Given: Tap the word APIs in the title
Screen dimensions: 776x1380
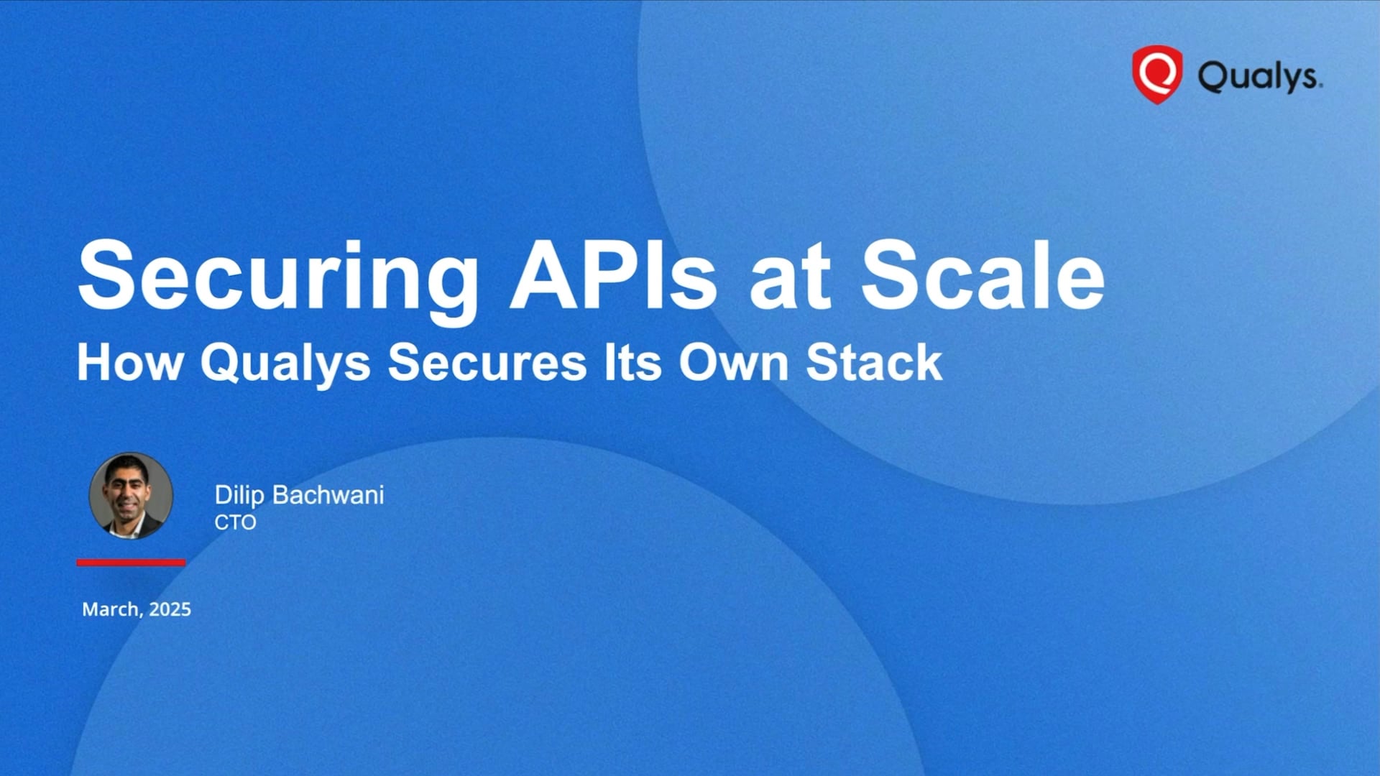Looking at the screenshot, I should (613, 276).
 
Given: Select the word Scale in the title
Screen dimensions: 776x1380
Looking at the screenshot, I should (982, 276).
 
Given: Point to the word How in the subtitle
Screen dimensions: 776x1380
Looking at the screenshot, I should (130, 362).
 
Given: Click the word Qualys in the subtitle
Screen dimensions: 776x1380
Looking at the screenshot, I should (285, 364).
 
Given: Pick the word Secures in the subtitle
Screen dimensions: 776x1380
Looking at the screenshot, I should (487, 362).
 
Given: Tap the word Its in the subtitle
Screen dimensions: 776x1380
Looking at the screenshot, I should (632, 362).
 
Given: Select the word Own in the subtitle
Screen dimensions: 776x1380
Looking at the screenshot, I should (733, 362).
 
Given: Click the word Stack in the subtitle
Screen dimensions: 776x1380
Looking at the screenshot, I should (873, 362).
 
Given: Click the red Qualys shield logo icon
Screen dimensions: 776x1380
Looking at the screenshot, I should (1156, 74).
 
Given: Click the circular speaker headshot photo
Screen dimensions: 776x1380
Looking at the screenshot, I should (131, 495).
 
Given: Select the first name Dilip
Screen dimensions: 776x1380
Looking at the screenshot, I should (239, 495).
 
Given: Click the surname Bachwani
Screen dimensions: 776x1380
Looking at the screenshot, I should (328, 495).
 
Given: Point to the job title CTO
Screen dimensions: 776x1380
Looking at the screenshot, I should (235, 522).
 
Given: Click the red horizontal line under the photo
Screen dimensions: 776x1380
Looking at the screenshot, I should (131, 563).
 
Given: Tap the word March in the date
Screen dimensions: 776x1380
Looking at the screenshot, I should (111, 609).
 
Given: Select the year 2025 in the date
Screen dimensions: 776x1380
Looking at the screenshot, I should (170, 609).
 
